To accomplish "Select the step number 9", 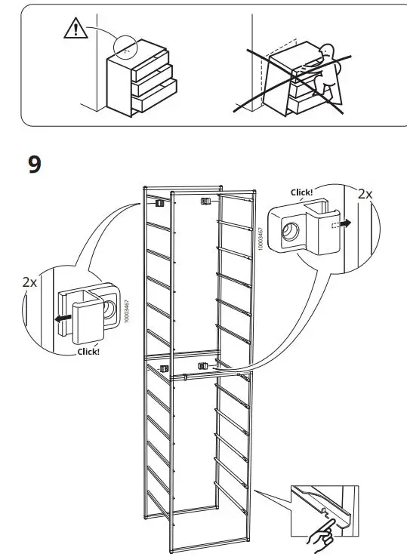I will pos(35,165).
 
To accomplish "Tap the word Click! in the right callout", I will pos(302,192).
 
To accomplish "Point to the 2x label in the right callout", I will pos(365,193).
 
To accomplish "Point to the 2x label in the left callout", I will pos(30,282).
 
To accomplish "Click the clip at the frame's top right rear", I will pos(205,202).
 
